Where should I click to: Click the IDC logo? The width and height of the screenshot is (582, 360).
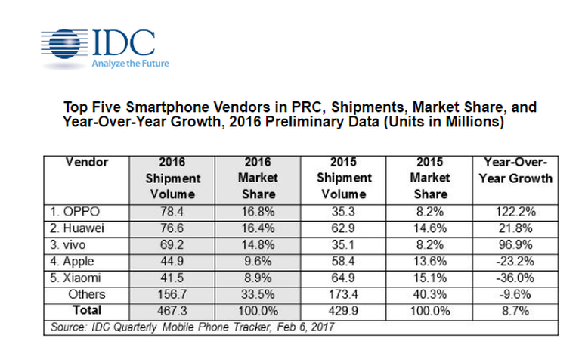(98, 44)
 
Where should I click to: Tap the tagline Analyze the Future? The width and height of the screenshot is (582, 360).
(130, 64)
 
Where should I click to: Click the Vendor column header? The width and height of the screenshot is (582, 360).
(87, 162)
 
